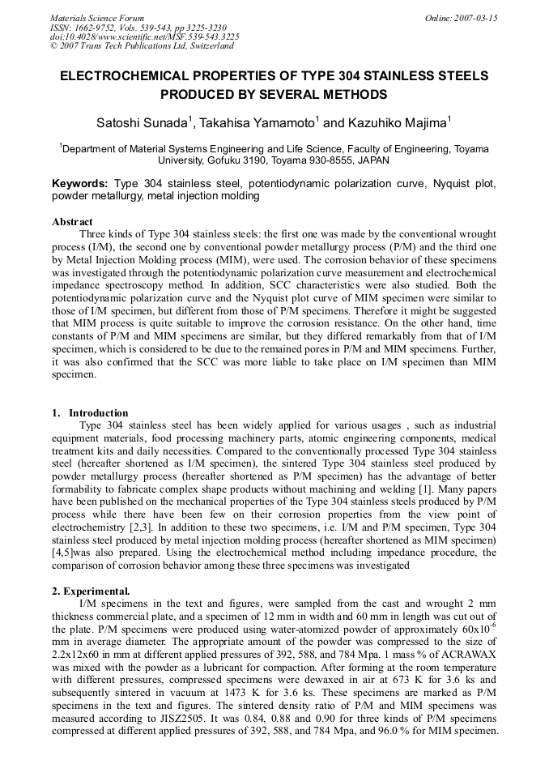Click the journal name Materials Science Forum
[96, 18]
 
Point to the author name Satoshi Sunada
[142, 124]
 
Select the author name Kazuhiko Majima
[398, 124]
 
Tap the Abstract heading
[72, 222]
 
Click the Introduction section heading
[99, 413]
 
